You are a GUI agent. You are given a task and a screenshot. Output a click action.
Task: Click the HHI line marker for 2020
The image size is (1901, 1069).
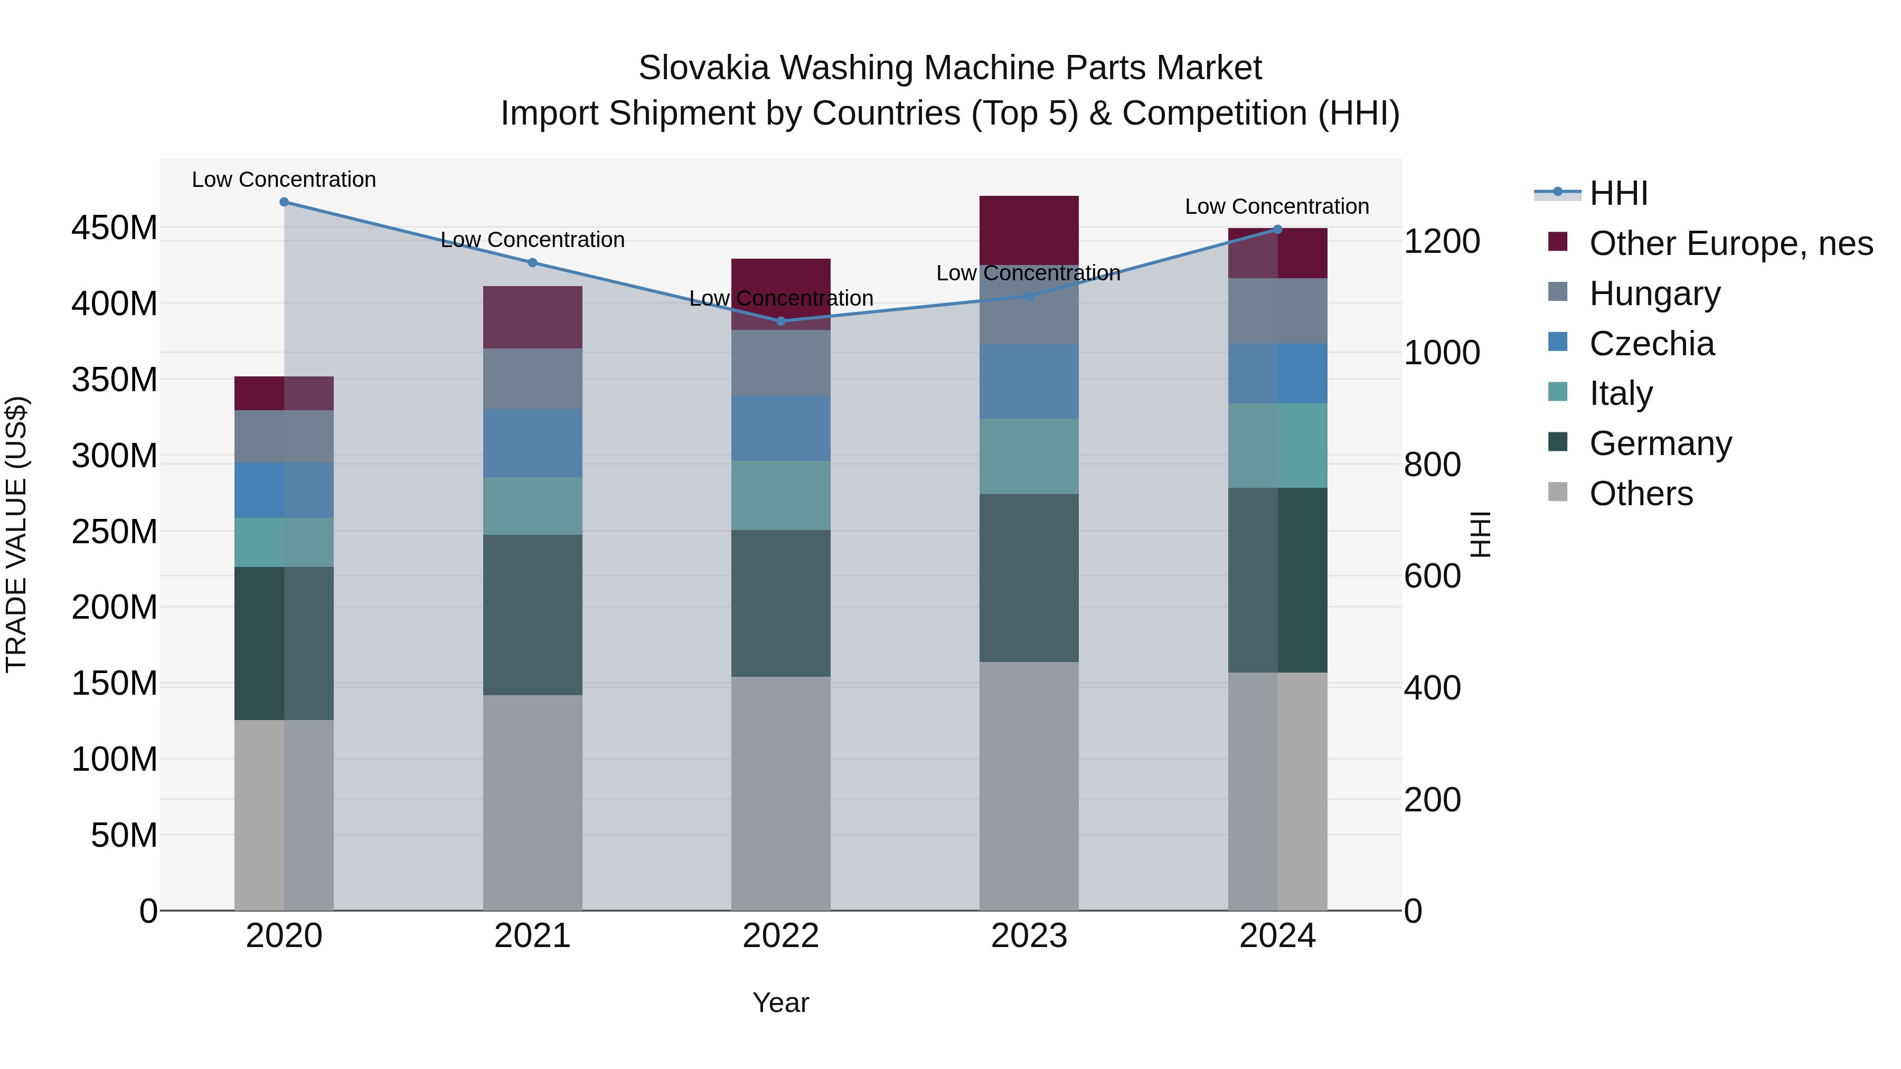click(284, 202)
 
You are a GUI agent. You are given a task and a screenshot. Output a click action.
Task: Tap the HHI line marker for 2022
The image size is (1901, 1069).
click(781, 321)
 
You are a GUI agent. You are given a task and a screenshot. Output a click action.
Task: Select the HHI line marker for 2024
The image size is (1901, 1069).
click(1277, 230)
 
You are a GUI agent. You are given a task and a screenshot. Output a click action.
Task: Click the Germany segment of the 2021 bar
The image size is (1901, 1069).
click(532, 614)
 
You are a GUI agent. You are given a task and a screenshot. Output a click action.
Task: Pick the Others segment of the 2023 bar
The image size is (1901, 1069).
click(1029, 786)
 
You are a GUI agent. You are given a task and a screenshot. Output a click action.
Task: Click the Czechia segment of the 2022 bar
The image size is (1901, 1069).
click(781, 428)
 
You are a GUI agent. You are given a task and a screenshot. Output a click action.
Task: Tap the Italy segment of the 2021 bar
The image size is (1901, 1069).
click(532, 506)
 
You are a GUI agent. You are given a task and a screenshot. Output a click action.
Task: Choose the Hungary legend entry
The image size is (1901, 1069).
click(1654, 294)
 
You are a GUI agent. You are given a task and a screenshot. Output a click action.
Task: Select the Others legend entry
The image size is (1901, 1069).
click(1641, 494)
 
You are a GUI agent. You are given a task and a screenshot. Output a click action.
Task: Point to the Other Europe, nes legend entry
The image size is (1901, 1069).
click(1730, 243)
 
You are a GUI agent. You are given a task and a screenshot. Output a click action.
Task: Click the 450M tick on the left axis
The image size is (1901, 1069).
click(115, 228)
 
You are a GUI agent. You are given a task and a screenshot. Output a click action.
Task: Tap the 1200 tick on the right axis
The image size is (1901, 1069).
click(1441, 241)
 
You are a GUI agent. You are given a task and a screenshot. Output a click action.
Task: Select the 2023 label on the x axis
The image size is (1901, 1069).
click(1029, 936)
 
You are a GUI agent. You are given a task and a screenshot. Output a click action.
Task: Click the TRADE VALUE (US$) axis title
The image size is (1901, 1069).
click(16, 534)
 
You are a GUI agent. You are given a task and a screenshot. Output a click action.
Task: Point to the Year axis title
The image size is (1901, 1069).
click(781, 1002)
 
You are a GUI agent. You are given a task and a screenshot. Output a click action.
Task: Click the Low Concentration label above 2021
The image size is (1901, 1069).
click(532, 240)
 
